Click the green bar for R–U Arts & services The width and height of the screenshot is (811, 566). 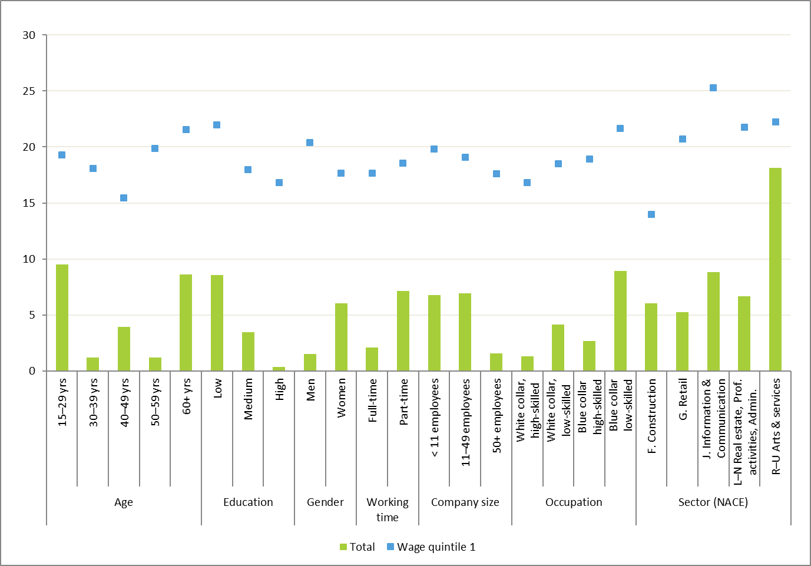tap(775, 269)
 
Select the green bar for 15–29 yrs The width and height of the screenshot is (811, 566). tap(62, 317)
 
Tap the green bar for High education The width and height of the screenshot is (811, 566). tap(279, 369)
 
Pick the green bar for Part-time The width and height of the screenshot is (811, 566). tap(403, 330)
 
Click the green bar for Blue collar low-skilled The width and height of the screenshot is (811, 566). tap(620, 320)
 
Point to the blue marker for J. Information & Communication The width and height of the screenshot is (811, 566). tap(713, 88)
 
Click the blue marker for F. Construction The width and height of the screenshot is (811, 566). tap(651, 214)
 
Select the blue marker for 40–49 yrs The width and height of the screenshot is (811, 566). tap(124, 198)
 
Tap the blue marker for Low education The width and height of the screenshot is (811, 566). tap(217, 125)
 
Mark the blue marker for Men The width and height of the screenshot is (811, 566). tap(310, 143)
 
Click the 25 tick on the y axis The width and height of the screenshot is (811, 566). tap(29, 91)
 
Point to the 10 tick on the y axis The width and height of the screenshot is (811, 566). tap(29, 259)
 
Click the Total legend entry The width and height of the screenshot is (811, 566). tap(357, 547)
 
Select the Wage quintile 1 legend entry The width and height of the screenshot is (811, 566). tap(431, 547)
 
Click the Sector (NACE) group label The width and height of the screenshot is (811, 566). tap(713, 502)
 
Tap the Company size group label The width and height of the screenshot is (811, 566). tap(465, 502)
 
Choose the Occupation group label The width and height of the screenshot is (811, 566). tap(574, 502)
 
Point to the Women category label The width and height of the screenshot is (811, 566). tap(342, 398)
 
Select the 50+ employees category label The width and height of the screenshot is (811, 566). tap(497, 415)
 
